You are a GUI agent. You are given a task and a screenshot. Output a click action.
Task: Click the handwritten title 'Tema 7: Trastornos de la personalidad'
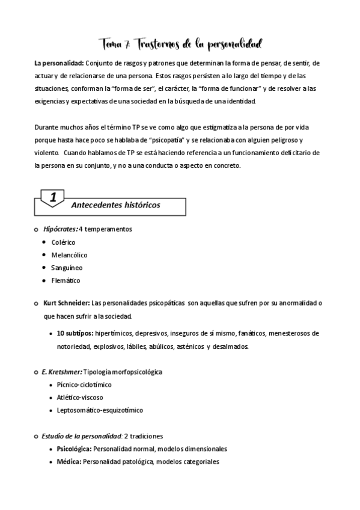180,45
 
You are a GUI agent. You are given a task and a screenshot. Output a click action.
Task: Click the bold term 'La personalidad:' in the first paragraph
59,63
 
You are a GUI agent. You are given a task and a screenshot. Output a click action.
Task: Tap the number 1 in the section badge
53,197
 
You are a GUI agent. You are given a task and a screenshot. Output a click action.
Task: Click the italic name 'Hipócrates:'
60,229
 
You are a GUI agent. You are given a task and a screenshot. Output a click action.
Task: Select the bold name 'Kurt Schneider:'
67,303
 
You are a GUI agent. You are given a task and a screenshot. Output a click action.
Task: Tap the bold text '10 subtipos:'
75,333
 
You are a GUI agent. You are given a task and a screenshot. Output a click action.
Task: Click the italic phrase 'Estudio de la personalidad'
82,436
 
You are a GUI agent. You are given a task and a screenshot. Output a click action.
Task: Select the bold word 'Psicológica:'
75,449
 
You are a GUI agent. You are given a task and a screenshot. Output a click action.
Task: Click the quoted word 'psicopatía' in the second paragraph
188,140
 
